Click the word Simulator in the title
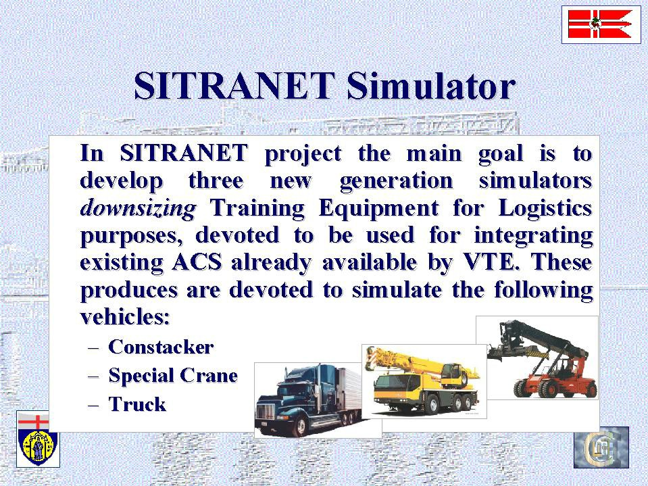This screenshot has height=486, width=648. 431,86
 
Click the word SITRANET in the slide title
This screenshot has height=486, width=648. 234,86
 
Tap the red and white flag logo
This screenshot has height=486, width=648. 601,24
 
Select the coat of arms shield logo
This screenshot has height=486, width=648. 38,439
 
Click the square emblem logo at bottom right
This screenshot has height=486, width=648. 601,447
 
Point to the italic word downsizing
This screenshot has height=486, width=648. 138,208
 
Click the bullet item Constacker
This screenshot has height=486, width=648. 161,347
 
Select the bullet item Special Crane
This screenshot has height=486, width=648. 173,376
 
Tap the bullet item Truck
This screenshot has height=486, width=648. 137,404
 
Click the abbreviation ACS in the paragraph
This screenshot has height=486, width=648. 197,262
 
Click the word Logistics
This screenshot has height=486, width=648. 545,208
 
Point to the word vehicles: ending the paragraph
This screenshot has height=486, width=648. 125,317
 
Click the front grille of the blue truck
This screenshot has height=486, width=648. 266,412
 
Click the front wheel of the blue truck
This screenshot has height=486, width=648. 301,426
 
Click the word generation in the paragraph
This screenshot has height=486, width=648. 397,181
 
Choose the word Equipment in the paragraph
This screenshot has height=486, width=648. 378,208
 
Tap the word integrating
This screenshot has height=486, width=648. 533,235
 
